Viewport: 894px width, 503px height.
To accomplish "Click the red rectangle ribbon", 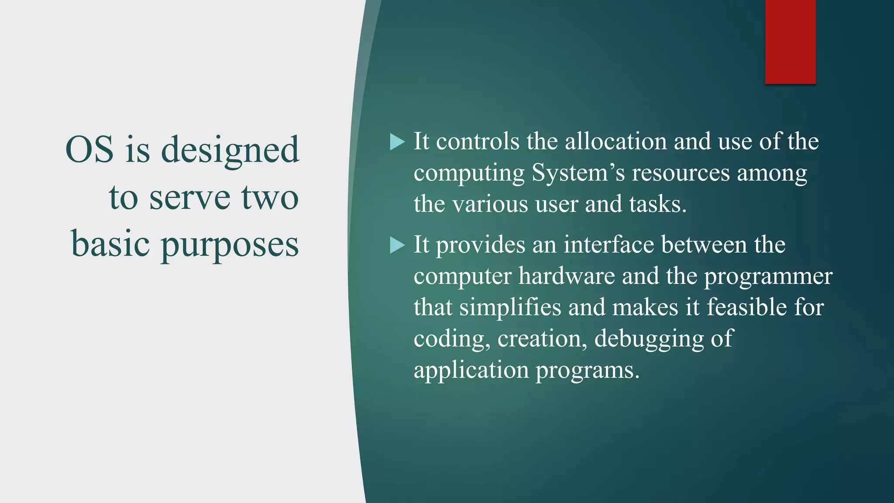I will (790, 41).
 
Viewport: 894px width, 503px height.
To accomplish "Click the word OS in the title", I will (89, 149).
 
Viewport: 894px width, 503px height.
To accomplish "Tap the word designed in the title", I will (230, 151).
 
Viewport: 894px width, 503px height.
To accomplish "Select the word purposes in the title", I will (230, 245).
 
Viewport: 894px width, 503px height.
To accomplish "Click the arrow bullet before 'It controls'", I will (397, 142).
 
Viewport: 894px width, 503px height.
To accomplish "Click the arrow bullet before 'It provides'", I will (397, 245).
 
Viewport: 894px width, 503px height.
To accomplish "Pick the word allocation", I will (616, 141).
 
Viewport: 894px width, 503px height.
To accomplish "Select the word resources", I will (681, 173).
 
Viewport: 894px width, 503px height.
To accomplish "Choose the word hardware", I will (567, 276).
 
